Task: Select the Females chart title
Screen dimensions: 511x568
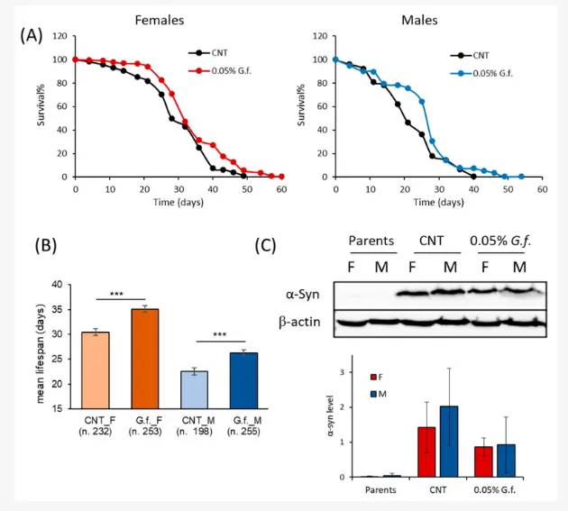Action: point(160,19)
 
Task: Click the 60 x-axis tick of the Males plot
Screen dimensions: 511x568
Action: point(542,190)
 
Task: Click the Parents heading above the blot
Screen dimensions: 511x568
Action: point(371,241)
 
